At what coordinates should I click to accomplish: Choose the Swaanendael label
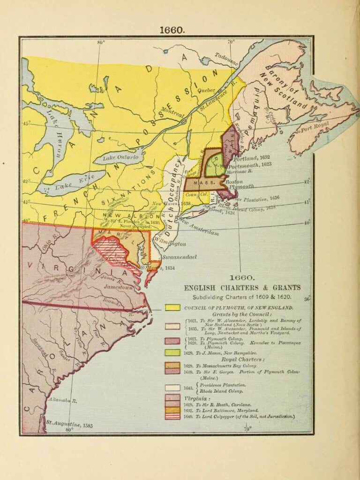tap(180, 257)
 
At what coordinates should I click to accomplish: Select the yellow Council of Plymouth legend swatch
tap(172, 307)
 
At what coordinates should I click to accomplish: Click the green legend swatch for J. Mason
tap(172, 352)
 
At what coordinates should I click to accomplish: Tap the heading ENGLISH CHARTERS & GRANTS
tap(242, 287)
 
